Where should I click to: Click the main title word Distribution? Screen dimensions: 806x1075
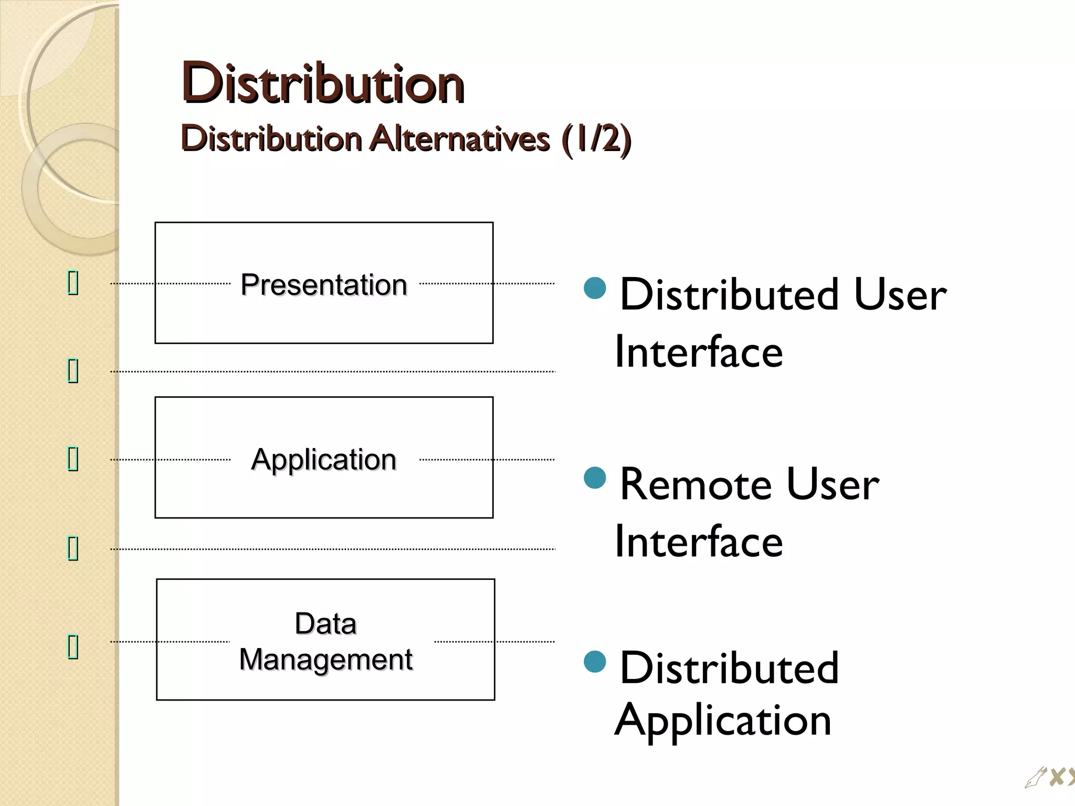point(322,83)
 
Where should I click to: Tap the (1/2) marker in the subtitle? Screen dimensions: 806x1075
point(596,139)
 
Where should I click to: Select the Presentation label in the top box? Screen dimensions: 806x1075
point(324,285)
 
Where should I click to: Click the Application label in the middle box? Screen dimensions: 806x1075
point(323,460)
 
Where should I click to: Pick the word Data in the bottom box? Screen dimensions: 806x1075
point(325,624)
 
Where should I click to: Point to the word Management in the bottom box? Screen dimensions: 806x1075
point(325,659)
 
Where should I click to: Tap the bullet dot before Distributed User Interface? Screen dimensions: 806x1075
point(595,288)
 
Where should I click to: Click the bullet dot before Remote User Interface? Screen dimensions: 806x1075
point(595,478)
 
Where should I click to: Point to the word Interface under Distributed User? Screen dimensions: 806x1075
point(699,352)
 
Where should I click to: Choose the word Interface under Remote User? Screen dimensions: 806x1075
point(699,542)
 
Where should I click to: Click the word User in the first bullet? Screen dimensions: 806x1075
point(900,294)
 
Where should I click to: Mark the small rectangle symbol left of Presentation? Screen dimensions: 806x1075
point(73,283)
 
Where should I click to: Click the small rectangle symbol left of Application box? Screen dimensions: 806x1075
point(73,459)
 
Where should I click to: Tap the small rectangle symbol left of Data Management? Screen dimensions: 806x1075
point(73,646)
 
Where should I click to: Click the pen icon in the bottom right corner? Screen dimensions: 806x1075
point(1035,778)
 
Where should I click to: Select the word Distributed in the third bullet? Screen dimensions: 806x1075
point(729,667)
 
